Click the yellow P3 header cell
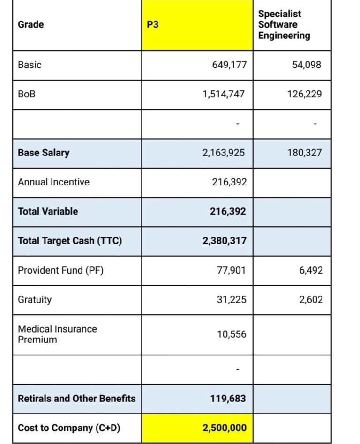(x=197, y=25)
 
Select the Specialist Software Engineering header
(x=284, y=25)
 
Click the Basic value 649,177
(x=229, y=65)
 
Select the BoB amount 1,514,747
(x=224, y=94)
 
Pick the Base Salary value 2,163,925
(x=224, y=153)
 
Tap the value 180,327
(x=304, y=153)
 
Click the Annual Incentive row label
(x=53, y=182)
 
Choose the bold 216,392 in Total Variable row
(x=228, y=211)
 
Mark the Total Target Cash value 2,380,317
(x=224, y=241)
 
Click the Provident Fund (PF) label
(x=60, y=270)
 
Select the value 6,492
(x=311, y=270)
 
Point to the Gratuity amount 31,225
(x=231, y=300)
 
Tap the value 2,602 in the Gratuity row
(x=311, y=300)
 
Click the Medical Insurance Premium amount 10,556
(x=231, y=334)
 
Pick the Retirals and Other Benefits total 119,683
(x=228, y=399)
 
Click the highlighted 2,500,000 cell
(x=224, y=428)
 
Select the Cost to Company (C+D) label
(x=69, y=428)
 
